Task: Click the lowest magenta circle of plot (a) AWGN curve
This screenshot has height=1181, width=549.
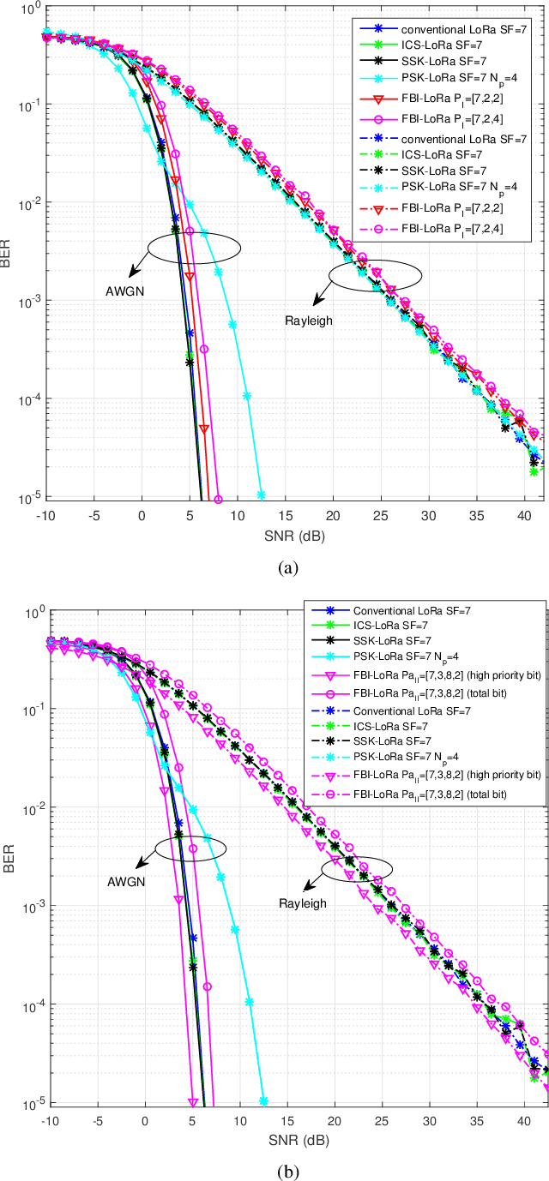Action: pyautogui.click(x=218, y=500)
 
